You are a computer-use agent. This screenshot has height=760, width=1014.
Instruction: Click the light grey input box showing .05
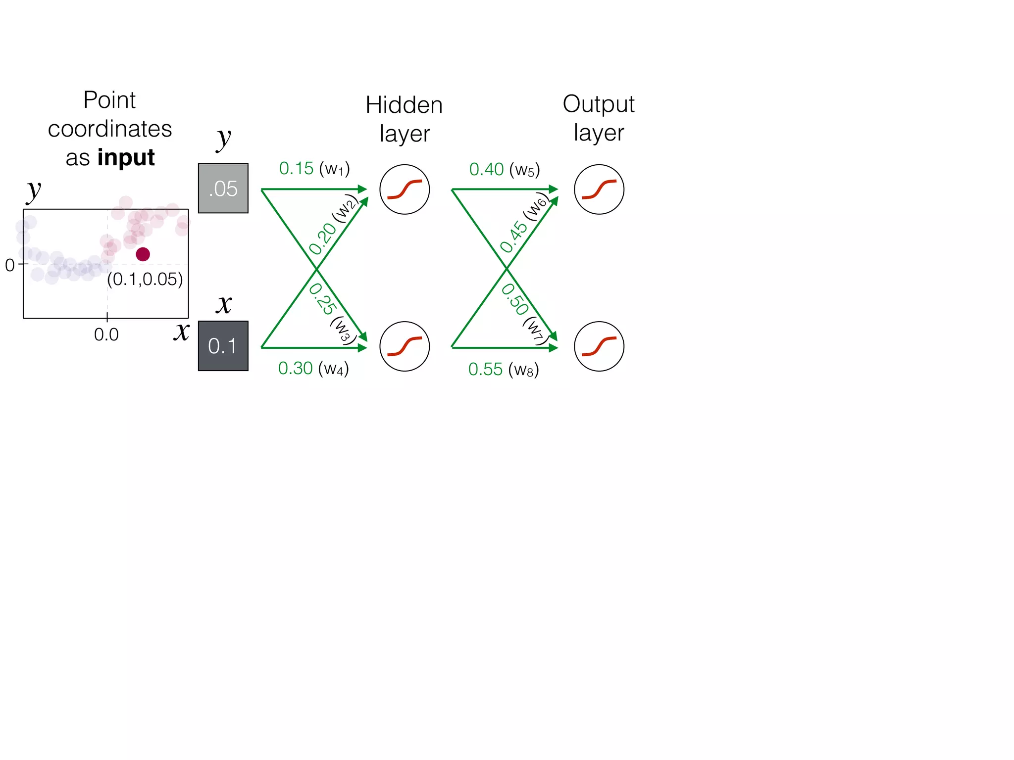[223, 188]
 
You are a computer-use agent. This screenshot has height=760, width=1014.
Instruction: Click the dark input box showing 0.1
[223, 346]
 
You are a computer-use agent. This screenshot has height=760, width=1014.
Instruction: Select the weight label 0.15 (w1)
[314, 169]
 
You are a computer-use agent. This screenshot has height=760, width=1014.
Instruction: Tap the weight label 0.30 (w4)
[313, 369]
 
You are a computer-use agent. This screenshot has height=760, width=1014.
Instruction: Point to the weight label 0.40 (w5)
[504, 170]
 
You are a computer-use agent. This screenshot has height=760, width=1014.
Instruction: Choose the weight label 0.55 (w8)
[503, 370]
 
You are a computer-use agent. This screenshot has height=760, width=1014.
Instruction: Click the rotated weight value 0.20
[323, 238]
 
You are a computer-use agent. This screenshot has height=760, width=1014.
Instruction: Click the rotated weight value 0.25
[322, 299]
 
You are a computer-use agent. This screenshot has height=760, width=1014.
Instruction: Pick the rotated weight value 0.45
[514, 237]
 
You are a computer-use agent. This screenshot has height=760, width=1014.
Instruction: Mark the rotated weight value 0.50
[515, 299]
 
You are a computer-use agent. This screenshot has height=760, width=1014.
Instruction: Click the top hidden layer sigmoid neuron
[405, 190]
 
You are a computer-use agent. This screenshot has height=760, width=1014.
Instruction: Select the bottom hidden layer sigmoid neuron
[405, 346]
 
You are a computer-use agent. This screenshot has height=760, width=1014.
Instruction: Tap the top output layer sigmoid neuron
[599, 190]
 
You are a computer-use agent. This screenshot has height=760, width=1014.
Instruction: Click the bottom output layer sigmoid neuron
[599, 346]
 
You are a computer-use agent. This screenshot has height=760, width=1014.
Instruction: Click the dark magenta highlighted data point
[143, 254]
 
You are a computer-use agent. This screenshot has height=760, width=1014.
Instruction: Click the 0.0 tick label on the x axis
[106, 335]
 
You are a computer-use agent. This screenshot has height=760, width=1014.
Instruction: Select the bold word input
[126, 158]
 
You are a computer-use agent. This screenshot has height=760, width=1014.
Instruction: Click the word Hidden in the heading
[404, 105]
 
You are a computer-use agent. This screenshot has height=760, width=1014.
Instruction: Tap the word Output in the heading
[598, 104]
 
